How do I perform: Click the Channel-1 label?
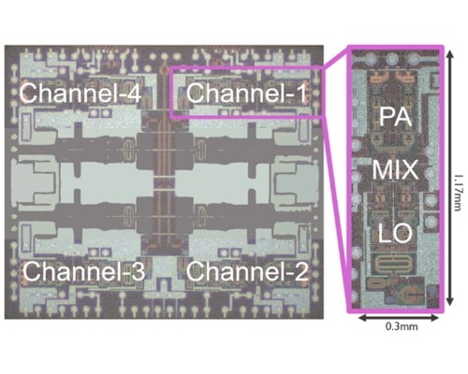245,93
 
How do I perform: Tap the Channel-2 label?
245,271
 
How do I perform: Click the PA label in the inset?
395,117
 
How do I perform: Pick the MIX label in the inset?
395,171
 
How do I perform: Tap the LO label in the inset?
395,228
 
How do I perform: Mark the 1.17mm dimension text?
458,178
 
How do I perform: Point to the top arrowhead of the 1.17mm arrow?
449,48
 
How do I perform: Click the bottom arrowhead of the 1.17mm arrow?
449,308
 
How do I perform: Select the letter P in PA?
384,117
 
